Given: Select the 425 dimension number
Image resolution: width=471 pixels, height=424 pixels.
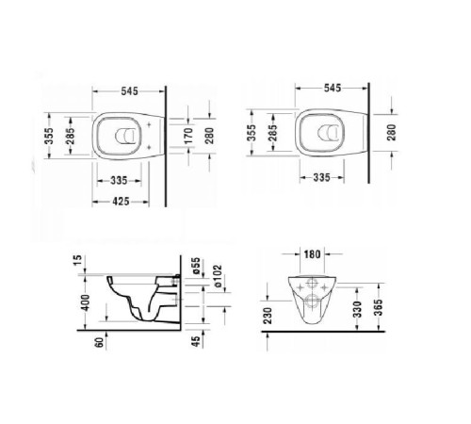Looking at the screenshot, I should point(117,200).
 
